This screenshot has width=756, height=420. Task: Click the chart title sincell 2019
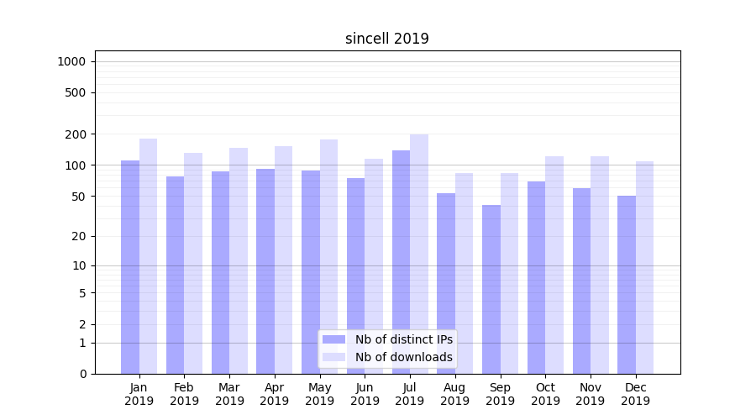(x=386, y=39)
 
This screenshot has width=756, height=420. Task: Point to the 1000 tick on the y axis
(x=71, y=61)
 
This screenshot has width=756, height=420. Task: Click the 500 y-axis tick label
(x=76, y=92)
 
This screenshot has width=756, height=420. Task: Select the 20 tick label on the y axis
(x=79, y=236)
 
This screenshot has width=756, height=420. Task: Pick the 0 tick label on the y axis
(x=82, y=374)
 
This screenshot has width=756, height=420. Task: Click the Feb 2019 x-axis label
(x=184, y=394)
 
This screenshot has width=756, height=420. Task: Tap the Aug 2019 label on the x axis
(x=455, y=394)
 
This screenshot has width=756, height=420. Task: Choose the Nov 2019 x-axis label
(x=591, y=394)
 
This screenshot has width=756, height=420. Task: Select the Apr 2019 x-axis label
(x=275, y=394)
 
